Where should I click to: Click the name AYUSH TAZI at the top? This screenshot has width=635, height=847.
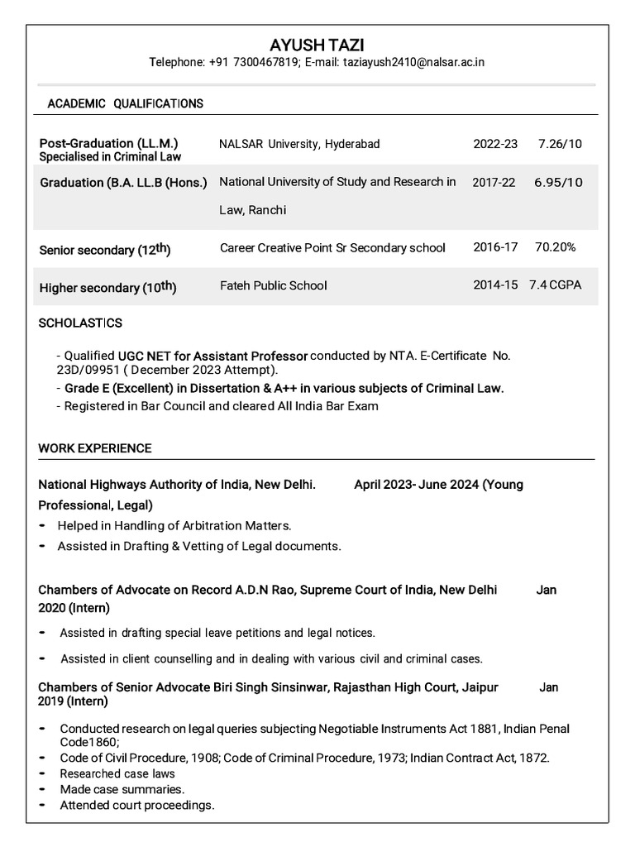[x=317, y=44]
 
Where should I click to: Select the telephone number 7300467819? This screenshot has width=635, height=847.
[x=241, y=63]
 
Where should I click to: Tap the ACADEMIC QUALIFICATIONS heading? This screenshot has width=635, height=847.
[x=125, y=103]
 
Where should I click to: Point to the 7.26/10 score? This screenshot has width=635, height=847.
[x=559, y=144]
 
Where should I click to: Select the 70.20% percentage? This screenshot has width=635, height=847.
[x=555, y=247]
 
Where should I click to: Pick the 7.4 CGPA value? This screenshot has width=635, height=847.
[x=556, y=285]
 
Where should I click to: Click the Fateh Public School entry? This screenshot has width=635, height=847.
[x=273, y=285]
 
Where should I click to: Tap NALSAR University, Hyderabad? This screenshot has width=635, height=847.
[x=299, y=144]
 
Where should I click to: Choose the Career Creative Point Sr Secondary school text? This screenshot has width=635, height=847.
[x=332, y=247]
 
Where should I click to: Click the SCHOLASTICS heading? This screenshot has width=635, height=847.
[x=80, y=323]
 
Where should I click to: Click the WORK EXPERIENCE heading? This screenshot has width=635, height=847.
[x=95, y=448]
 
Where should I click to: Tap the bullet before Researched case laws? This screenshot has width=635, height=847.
[x=42, y=774]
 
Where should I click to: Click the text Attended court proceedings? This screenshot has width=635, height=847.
[x=137, y=805]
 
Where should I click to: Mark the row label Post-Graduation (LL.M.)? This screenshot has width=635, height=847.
[x=109, y=143]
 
